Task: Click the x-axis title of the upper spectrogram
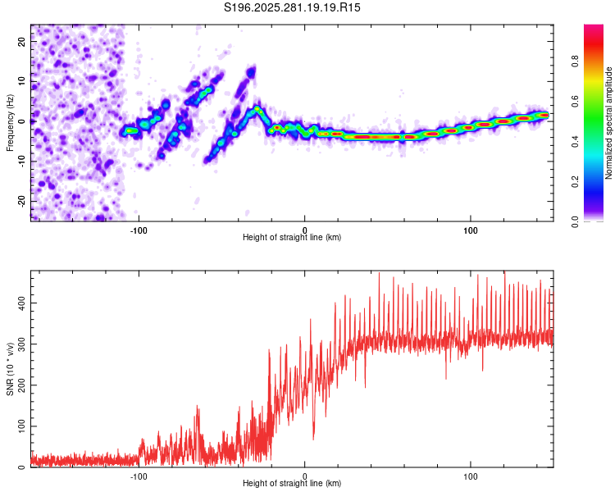pyautogui.click(x=292, y=237)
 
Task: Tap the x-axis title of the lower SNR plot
pyautogui.click(x=292, y=483)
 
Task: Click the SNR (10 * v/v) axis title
pyautogui.click(x=10, y=369)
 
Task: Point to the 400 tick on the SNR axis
pyautogui.click(x=22, y=303)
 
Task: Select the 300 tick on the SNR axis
pyautogui.click(x=22, y=344)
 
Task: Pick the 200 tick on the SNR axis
pyautogui.click(x=22, y=385)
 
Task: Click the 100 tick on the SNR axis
pyautogui.click(x=22, y=426)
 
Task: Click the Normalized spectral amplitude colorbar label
pyautogui.click(x=609, y=123)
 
